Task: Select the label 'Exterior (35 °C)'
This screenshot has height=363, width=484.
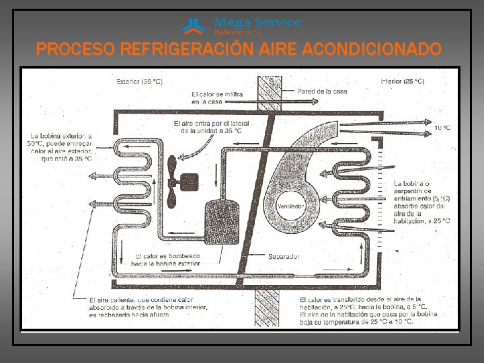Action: coord(139,81)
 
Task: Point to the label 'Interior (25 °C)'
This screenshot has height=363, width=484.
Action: coord(402,81)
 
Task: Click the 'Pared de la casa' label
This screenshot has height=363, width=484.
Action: coord(323,91)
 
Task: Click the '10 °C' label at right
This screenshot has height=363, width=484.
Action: coord(442,127)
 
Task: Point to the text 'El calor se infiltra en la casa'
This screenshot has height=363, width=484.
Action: coord(216,98)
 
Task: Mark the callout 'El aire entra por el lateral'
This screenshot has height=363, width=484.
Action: coord(208,127)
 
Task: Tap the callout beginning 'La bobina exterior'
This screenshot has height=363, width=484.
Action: coord(60,148)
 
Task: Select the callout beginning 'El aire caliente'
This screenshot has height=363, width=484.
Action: coord(149,308)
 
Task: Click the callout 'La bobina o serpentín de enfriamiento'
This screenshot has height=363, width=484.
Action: coord(422,201)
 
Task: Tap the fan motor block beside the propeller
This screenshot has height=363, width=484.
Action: coord(190,181)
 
